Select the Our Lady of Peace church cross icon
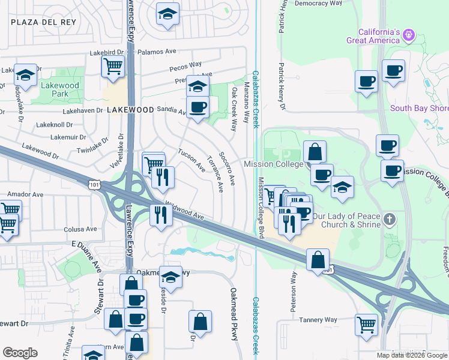coord(390,218)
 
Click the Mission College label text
coord(273,164)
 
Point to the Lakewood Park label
coord(60,90)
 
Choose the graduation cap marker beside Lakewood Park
coord(26,75)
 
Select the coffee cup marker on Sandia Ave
coord(197,107)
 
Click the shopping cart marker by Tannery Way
coord(366,325)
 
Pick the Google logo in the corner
coord(20,353)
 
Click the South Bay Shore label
coord(419,109)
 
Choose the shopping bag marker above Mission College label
coord(315,152)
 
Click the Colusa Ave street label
coord(80,229)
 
